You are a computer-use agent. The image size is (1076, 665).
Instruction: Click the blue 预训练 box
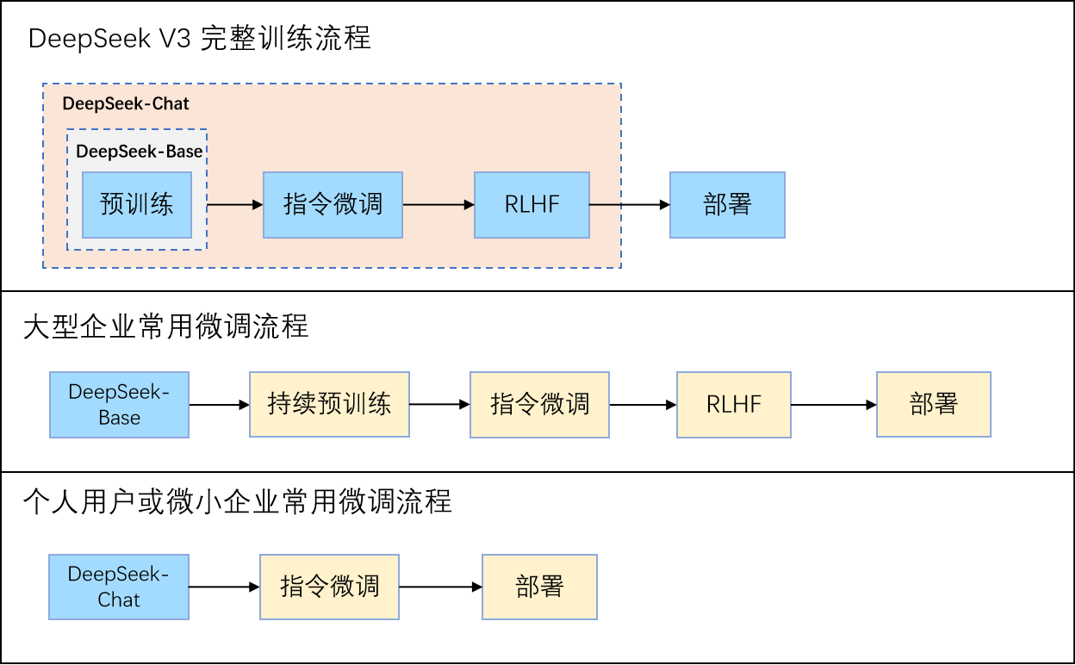click(x=137, y=205)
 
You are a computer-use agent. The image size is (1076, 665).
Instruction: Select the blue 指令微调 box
click(x=333, y=205)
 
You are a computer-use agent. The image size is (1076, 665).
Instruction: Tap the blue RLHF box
click(x=532, y=205)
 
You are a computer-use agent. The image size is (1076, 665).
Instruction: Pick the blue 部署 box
click(x=727, y=205)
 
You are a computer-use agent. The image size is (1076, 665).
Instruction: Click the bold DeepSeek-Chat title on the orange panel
click(x=126, y=104)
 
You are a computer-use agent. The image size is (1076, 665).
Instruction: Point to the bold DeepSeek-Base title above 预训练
click(x=140, y=152)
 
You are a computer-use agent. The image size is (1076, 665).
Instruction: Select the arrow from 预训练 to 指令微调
click(x=234, y=205)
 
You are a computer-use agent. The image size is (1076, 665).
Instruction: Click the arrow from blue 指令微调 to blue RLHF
click(x=438, y=205)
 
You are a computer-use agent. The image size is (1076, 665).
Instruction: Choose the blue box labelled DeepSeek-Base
click(x=119, y=405)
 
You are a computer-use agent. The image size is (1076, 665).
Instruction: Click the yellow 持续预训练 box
click(x=329, y=405)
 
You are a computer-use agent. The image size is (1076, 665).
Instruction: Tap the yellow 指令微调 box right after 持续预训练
click(x=539, y=405)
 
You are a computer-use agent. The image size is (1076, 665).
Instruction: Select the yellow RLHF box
click(x=734, y=405)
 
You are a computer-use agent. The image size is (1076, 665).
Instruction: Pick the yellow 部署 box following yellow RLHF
click(x=934, y=405)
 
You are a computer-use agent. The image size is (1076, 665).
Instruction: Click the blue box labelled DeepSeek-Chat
click(x=119, y=587)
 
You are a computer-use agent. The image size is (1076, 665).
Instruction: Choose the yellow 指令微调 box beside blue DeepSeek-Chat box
click(x=329, y=587)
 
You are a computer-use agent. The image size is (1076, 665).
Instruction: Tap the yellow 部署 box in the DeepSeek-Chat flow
click(x=539, y=587)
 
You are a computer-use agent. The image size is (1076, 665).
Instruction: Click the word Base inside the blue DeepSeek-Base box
click(x=119, y=419)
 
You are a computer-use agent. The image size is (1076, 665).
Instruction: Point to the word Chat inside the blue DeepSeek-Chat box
click(x=119, y=600)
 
